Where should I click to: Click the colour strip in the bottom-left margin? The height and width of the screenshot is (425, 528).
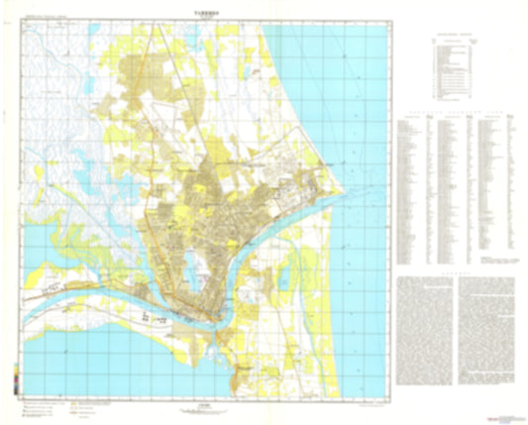coord(15,380)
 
